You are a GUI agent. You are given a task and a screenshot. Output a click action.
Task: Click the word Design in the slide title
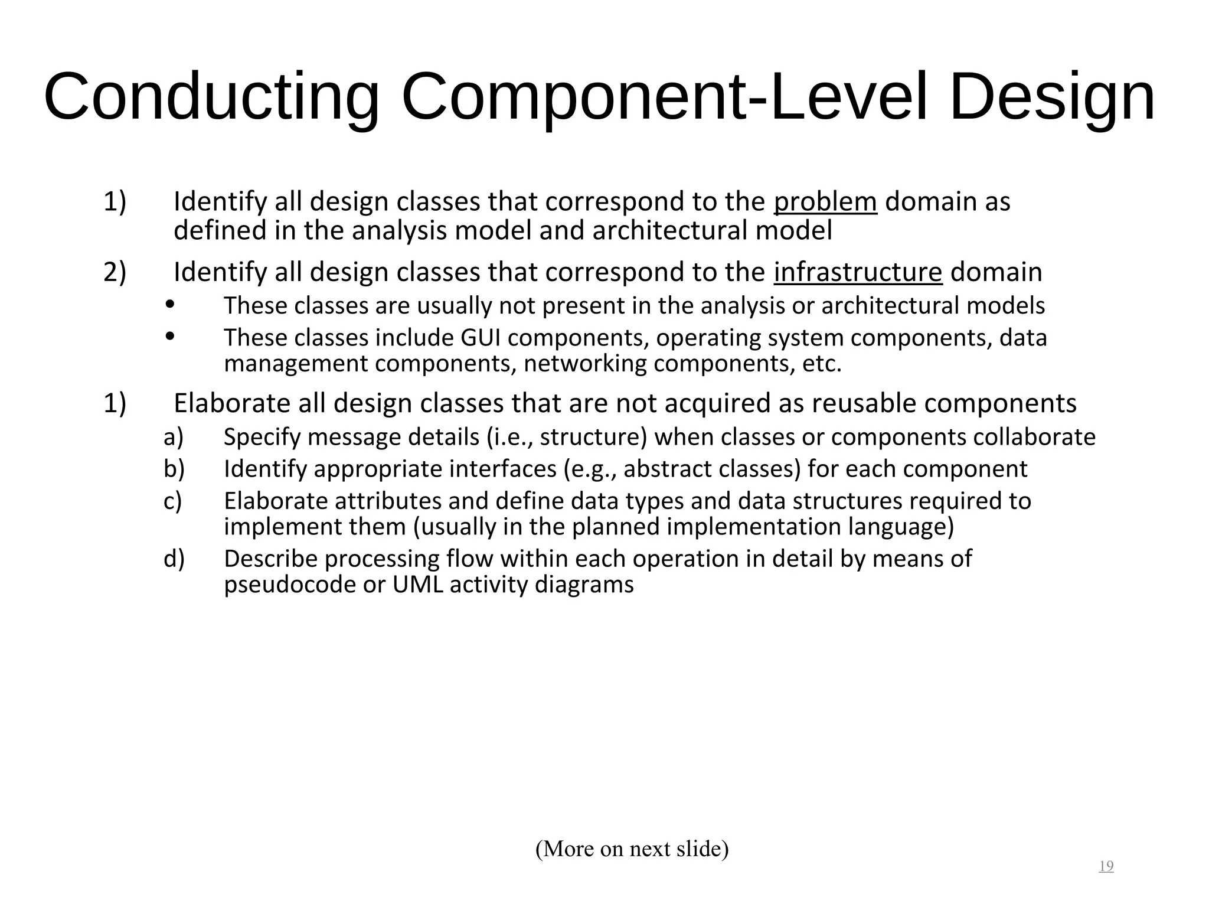pyautogui.click(x=1051, y=97)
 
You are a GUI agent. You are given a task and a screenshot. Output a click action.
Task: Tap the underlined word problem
pyautogui.click(x=825, y=202)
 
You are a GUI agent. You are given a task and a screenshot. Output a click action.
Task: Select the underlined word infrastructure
pyautogui.click(x=858, y=272)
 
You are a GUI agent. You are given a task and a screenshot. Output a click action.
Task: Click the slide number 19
pyautogui.click(x=1106, y=866)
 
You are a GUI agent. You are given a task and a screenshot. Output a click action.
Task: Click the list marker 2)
pyautogui.click(x=115, y=272)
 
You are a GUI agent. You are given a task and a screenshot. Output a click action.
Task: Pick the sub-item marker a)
pyautogui.click(x=174, y=437)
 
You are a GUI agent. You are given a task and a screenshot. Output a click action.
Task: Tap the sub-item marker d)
pyautogui.click(x=174, y=559)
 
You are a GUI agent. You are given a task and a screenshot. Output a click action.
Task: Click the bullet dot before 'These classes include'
pyautogui.click(x=170, y=336)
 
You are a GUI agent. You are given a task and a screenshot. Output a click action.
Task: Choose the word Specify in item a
pyautogui.click(x=262, y=438)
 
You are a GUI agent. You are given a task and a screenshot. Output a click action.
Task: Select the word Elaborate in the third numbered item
pyautogui.click(x=232, y=403)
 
